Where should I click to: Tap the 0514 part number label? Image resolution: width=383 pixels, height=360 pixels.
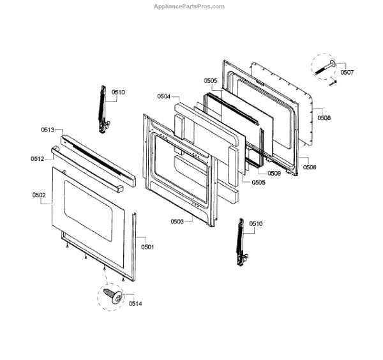[x=134, y=303]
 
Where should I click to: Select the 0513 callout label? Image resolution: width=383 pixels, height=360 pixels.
[x=48, y=130]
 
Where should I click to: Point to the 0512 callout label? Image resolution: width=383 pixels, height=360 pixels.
[x=38, y=158]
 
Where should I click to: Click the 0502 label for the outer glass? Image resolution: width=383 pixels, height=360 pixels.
[x=38, y=195]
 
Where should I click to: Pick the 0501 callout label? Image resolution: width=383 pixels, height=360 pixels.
[x=148, y=246]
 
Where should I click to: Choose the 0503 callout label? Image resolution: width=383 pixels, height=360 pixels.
[x=177, y=221]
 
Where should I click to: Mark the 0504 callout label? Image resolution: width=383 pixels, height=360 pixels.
[x=164, y=96]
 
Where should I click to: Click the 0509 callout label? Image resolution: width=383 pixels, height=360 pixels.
[x=274, y=173]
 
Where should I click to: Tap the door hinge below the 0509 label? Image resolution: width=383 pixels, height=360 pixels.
[x=241, y=240]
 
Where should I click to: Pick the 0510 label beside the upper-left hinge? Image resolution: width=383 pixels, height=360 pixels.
[x=118, y=92]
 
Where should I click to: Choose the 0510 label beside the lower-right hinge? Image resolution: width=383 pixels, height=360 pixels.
[x=255, y=224]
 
